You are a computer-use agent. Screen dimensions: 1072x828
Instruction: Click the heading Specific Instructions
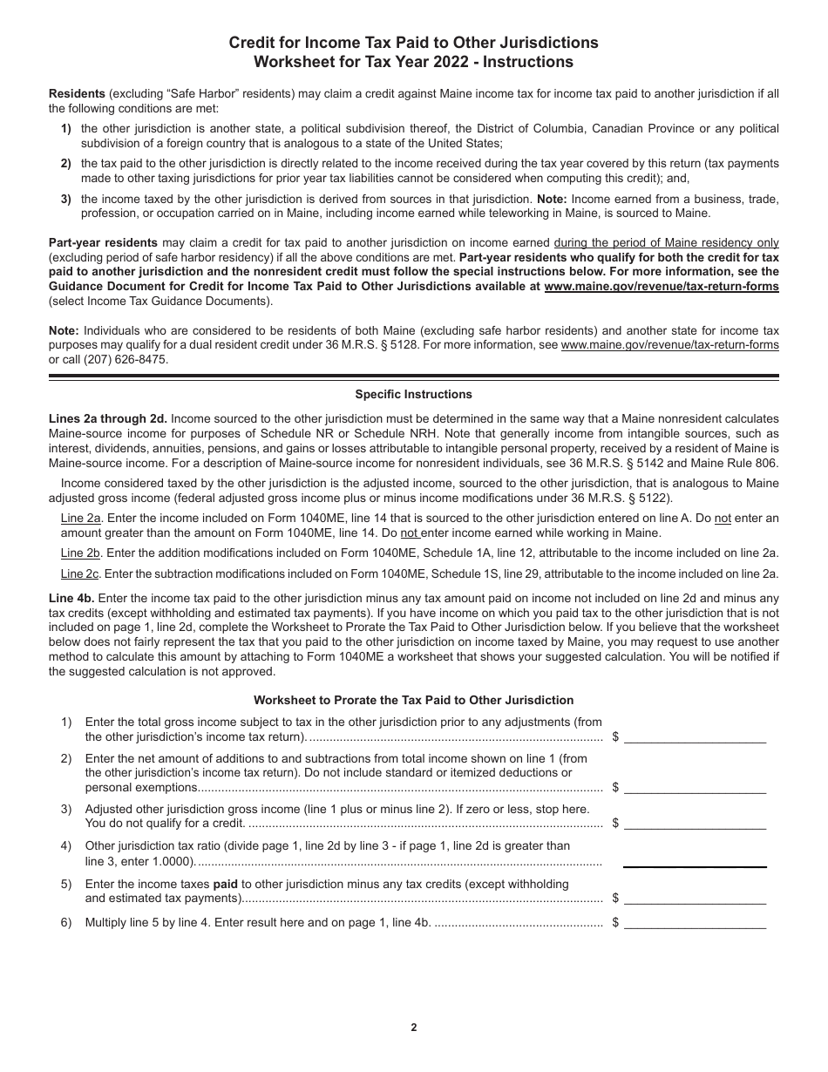click(x=413, y=395)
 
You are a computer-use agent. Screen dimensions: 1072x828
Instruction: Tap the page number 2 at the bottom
click(x=414, y=1028)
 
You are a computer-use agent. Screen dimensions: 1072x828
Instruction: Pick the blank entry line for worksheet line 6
click(x=695, y=926)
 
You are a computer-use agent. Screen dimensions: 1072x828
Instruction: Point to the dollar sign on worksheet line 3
click(x=615, y=823)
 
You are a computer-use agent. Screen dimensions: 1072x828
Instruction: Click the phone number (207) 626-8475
click(x=120, y=359)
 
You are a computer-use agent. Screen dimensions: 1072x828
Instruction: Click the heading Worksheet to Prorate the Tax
click(x=413, y=700)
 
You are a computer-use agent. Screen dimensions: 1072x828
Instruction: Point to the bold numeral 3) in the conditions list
click(x=66, y=199)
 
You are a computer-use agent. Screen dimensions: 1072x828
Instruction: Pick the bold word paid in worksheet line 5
click(x=227, y=884)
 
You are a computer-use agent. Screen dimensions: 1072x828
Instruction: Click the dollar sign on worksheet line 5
click(x=615, y=899)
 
